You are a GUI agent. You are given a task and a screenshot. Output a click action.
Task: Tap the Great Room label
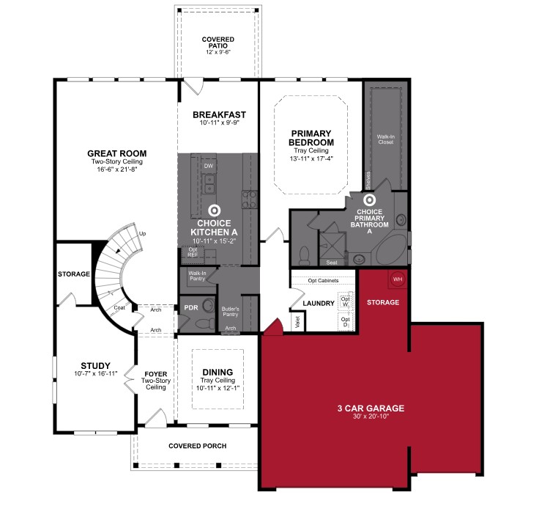(114, 154)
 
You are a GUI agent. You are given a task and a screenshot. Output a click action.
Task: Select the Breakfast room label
(219, 114)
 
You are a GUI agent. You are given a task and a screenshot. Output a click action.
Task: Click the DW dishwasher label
(209, 166)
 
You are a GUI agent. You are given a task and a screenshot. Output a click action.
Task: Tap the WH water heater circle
(398, 279)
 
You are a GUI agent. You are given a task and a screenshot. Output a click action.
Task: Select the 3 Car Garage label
(371, 409)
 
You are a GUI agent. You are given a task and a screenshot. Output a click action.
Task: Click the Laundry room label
(319, 303)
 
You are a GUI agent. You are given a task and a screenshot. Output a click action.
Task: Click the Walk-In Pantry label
(196, 276)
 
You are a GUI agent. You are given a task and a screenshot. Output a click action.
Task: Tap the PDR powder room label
(191, 308)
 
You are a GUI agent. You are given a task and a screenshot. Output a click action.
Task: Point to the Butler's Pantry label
(231, 312)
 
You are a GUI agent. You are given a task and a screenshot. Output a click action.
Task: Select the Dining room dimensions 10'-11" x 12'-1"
(218, 388)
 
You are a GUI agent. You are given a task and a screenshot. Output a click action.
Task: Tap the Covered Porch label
(197, 446)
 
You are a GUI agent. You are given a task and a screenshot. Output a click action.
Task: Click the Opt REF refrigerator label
(193, 252)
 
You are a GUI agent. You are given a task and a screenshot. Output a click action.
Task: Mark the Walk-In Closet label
(385, 139)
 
